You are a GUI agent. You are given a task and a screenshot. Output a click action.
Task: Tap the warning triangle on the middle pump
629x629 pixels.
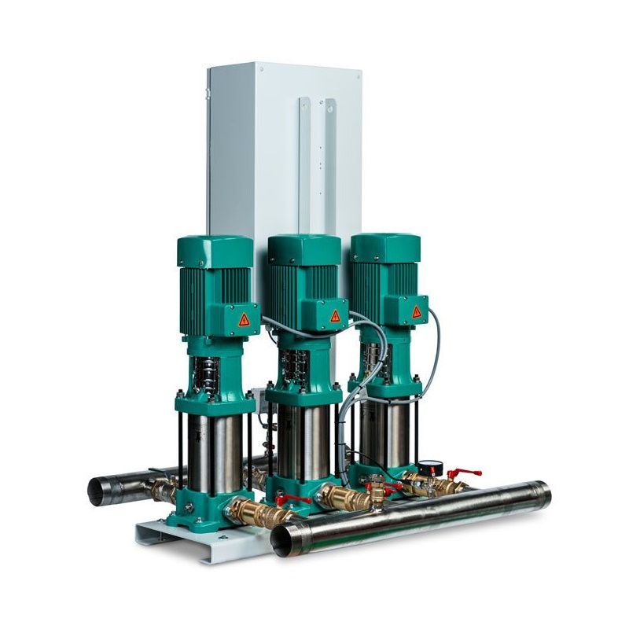[x=335, y=315]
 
